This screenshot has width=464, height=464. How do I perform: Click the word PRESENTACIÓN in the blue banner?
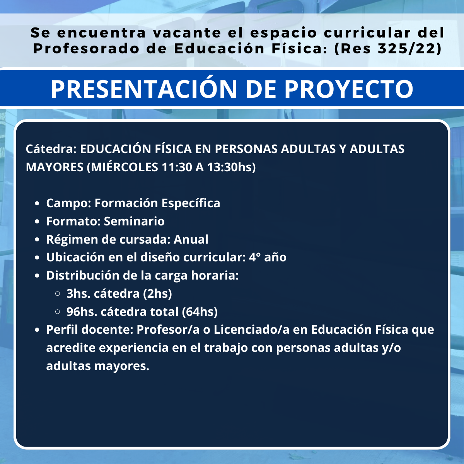pyautogui.click(x=144, y=89)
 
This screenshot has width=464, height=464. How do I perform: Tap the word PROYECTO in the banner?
pyautogui.click(x=349, y=89)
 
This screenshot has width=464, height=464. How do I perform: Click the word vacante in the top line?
pyautogui.click(x=187, y=33)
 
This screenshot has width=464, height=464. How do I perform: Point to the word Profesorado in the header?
pyautogui.click(x=86, y=49)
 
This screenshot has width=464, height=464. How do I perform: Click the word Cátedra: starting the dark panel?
pyautogui.click(x=51, y=149)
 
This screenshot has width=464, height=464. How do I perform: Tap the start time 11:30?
pyautogui.click(x=176, y=167)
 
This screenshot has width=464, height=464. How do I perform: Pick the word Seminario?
pyautogui.click(x=134, y=221)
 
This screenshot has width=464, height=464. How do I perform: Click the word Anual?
pyautogui.click(x=191, y=239)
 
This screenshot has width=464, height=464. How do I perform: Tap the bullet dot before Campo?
pyautogui.click(x=37, y=203)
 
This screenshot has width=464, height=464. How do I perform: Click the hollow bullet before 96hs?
pyautogui.click(x=58, y=312)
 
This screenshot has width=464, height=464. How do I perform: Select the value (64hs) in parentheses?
pyautogui.click(x=200, y=312)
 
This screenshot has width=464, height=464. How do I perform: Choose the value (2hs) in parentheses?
pyautogui.click(x=157, y=293)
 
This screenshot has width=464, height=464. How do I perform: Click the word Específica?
pyautogui.click(x=191, y=203)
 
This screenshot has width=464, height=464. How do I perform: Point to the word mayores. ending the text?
pyautogui.click(x=122, y=366)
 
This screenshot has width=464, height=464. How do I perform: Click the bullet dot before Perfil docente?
pyautogui.click(x=37, y=330)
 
